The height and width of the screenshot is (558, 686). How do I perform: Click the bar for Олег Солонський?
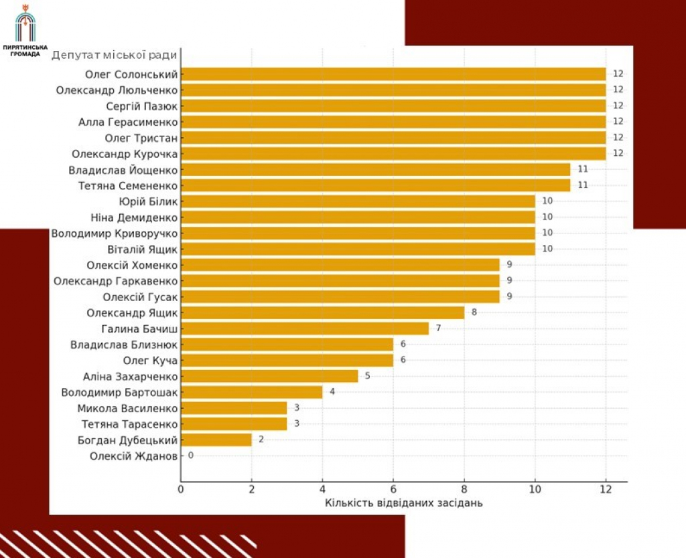point(393,74)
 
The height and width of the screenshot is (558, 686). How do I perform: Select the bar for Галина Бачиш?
point(304,328)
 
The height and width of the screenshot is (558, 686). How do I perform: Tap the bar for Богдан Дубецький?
point(216,440)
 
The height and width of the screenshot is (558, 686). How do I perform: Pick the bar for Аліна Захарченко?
point(269,376)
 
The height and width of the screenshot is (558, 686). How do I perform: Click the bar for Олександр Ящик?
point(322,312)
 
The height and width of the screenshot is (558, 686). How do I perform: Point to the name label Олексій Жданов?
point(133,456)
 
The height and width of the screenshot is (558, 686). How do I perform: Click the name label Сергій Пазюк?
point(141,106)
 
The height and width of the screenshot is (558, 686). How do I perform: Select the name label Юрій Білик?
point(147,201)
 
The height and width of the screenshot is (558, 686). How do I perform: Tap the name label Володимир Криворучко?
point(115,233)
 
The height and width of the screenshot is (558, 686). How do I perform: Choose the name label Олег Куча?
point(151,360)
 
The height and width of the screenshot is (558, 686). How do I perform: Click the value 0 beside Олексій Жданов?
point(190,456)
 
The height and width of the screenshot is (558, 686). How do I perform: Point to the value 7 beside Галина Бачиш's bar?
point(438,328)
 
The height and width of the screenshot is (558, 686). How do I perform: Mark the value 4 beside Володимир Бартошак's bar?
point(332,391)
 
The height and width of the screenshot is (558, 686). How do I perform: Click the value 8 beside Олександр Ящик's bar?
point(474,312)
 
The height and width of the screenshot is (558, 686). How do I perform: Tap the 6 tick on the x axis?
point(393,489)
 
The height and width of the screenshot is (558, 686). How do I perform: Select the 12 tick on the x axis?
point(605,489)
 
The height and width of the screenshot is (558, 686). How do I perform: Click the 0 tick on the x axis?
point(180,489)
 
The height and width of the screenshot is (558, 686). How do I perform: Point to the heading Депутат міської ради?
point(115,55)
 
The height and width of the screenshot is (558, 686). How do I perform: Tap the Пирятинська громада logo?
point(25,30)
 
